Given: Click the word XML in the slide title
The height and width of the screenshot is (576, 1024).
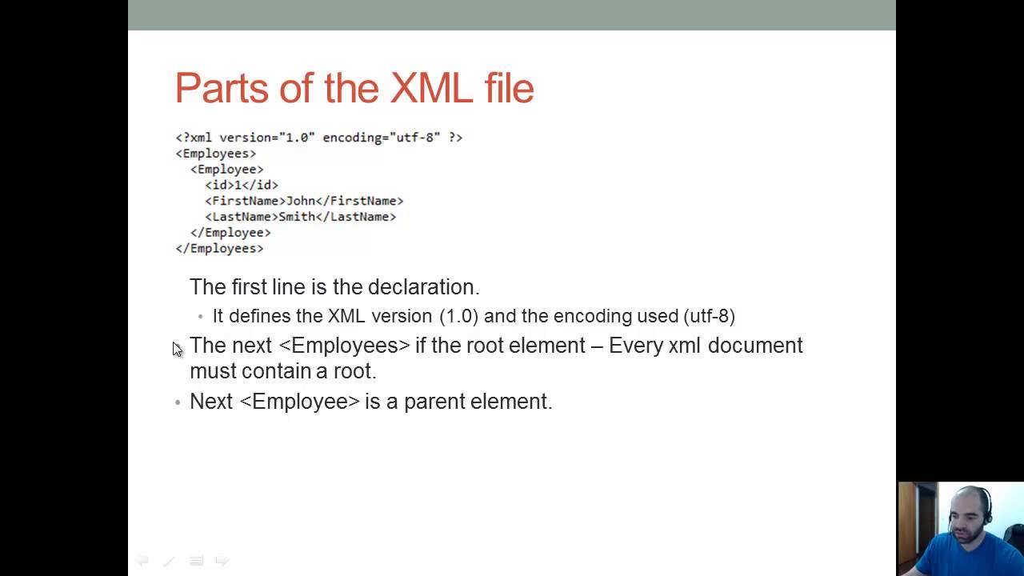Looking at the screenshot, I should (x=432, y=88).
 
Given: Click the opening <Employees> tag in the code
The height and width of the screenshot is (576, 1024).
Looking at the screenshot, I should (x=216, y=154).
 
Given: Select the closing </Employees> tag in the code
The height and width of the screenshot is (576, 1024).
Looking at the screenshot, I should (x=219, y=249).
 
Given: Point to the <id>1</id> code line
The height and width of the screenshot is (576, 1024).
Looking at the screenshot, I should (x=242, y=185).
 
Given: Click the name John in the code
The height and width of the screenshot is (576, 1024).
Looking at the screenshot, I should (x=301, y=201).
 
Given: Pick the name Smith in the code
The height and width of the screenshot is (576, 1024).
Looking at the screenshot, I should (x=297, y=217).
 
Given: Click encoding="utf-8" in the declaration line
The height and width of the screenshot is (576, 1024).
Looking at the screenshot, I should (x=382, y=138).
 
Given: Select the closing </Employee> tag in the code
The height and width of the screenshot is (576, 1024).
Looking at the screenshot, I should (x=230, y=233).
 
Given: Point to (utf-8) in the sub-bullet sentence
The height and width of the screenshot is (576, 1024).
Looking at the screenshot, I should (x=709, y=316).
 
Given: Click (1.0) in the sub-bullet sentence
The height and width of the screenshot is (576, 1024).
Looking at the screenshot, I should (x=458, y=316).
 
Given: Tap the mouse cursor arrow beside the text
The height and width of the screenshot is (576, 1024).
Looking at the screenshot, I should (x=177, y=349).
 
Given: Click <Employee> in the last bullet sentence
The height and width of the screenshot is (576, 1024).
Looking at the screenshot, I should (x=299, y=402).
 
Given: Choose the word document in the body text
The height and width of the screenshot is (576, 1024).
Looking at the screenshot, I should (x=754, y=346).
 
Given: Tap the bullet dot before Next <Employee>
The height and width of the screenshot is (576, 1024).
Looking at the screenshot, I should (x=178, y=402).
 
